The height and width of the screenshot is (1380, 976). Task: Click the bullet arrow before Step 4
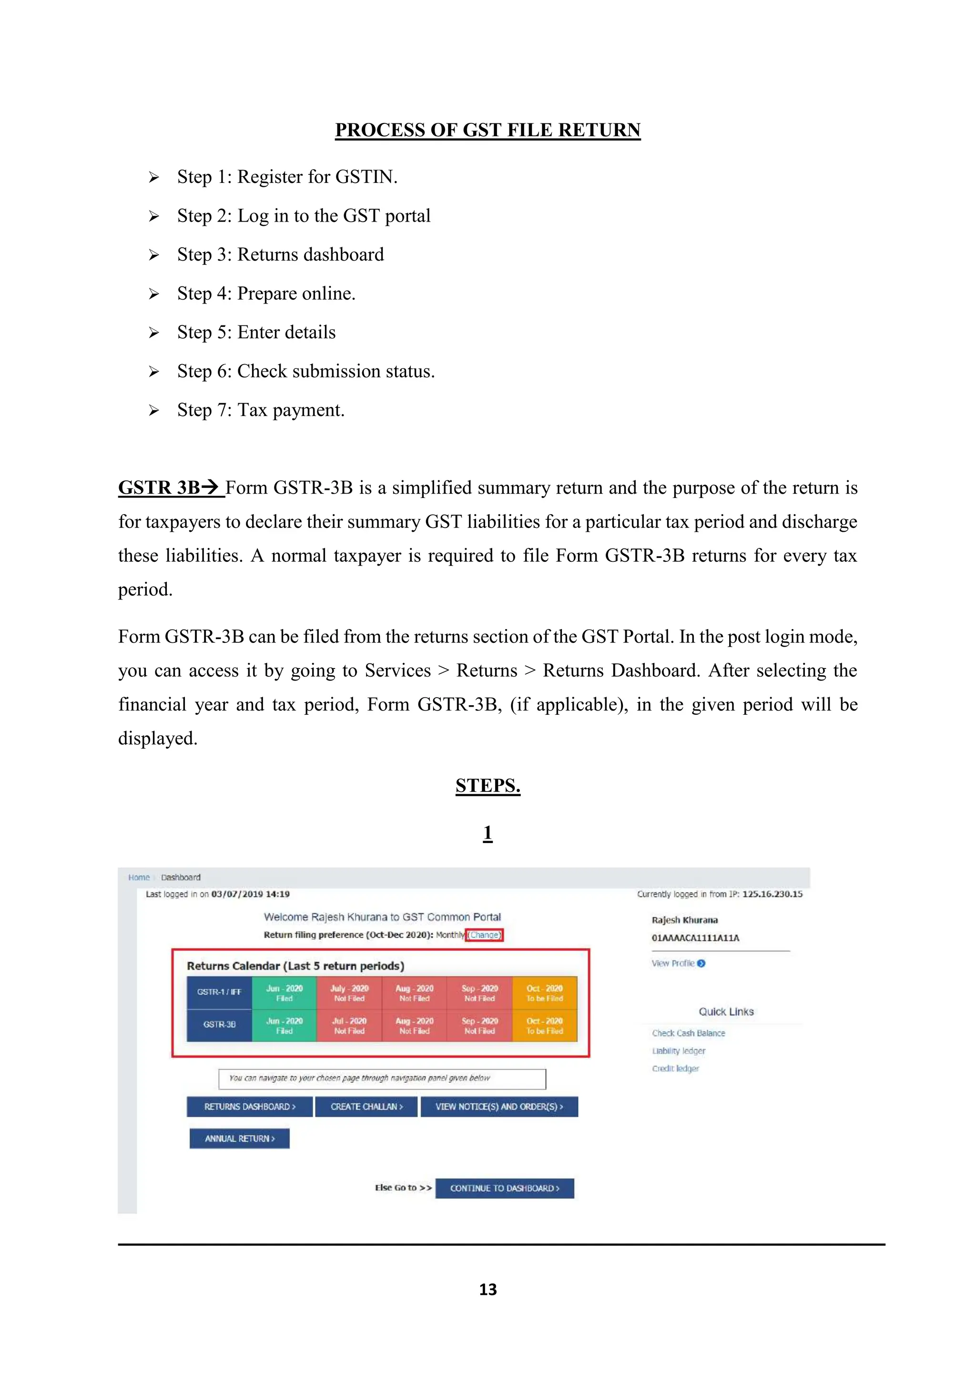click(x=154, y=294)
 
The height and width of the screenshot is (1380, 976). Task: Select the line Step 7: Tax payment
click(x=260, y=410)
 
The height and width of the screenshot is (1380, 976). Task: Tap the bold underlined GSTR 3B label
click(x=170, y=487)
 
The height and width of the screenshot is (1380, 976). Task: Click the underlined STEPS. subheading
click(x=488, y=786)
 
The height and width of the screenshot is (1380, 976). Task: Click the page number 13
click(x=488, y=1289)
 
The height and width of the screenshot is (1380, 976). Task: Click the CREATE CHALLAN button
click(x=366, y=1106)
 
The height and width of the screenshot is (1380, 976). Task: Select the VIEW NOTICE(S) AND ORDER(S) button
click(x=499, y=1106)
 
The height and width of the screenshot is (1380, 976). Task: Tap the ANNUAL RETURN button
click(x=239, y=1138)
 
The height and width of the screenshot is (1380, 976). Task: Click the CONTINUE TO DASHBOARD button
click(x=504, y=1188)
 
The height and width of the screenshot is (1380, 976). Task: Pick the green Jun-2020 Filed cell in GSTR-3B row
click(x=284, y=1025)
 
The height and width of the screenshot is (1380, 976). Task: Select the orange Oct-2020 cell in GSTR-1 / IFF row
click(x=545, y=993)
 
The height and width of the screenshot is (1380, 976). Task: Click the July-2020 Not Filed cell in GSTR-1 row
click(x=349, y=993)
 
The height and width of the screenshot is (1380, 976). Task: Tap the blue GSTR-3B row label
click(x=219, y=1025)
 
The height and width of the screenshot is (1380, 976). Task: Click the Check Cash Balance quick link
click(x=688, y=1033)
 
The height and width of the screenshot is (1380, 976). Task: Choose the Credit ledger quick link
click(x=675, y=1069)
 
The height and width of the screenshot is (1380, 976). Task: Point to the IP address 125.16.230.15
click(x=772, y=894)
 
